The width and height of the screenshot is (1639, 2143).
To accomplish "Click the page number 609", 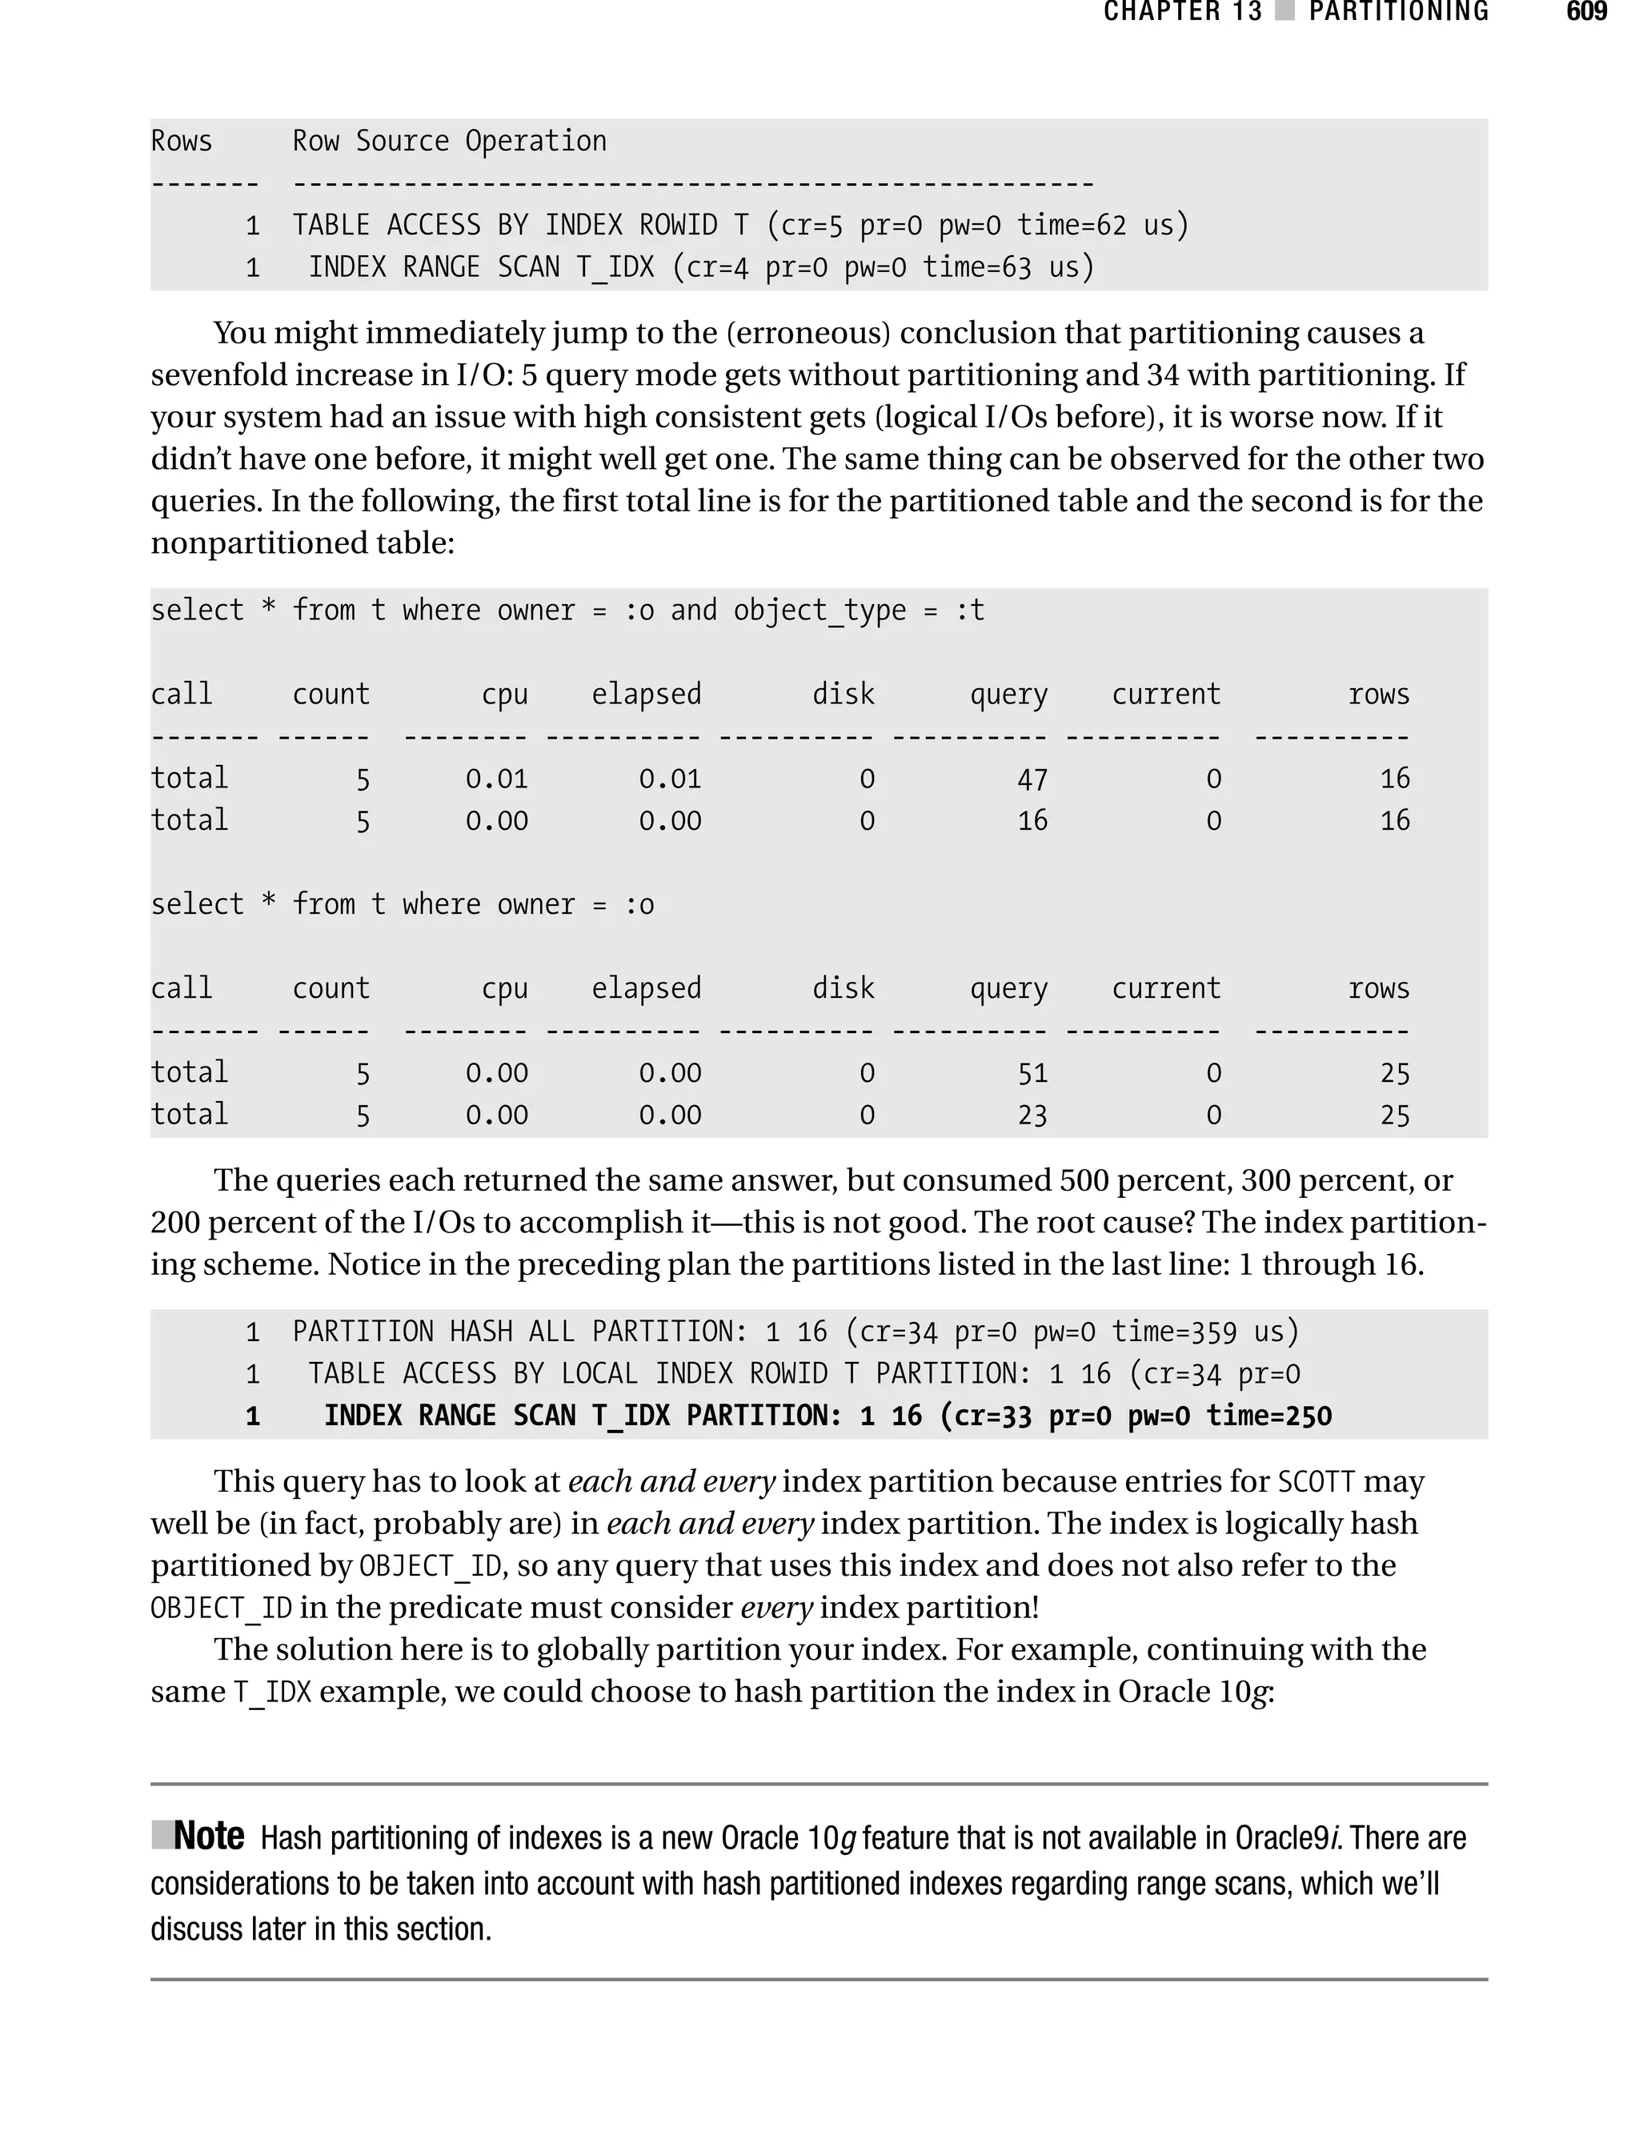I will click(x=1586, y=13).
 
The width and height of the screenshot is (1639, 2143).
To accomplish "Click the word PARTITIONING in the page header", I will click(x=1398, y=13).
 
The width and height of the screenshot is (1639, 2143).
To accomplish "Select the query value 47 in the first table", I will click(x=1032, y=779).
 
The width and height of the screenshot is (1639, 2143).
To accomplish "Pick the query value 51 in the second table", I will click(x=1032, y=1074).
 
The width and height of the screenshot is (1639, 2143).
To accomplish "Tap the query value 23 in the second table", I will click(x=1032, y=1116).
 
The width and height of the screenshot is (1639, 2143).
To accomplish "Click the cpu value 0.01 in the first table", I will click(x=495, y=779).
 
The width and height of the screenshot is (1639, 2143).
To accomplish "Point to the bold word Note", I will click(x=208, y=1837).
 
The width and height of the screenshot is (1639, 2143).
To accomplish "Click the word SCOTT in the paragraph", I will click(x=1316, y=1483).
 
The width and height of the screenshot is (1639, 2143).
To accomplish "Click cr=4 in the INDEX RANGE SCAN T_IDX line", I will click(x=717, y=268).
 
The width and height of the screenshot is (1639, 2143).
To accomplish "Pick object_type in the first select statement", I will click(x=819, y=611).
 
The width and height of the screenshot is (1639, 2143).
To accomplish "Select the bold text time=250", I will click(x=1268, y=1416).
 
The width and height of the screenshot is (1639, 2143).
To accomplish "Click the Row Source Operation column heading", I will click(x=449, y=142).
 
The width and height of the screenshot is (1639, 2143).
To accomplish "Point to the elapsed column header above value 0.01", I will click(x=646, y=695).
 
